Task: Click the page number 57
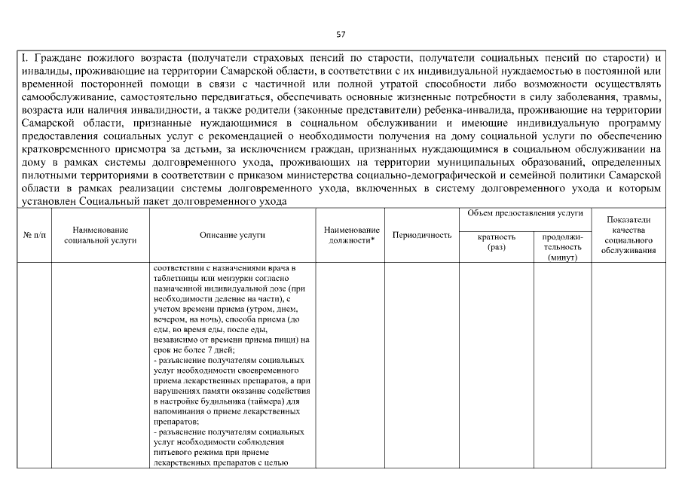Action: (x=341, y=34)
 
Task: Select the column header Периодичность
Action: (x=422, y=235)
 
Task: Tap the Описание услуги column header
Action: (x=232, y=235)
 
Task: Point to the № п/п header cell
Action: (x=35, y=235)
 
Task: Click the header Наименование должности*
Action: (x=351, y=234)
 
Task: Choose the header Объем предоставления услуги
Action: (x=525, y=213)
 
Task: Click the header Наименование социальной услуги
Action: (x=100, y=234)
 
